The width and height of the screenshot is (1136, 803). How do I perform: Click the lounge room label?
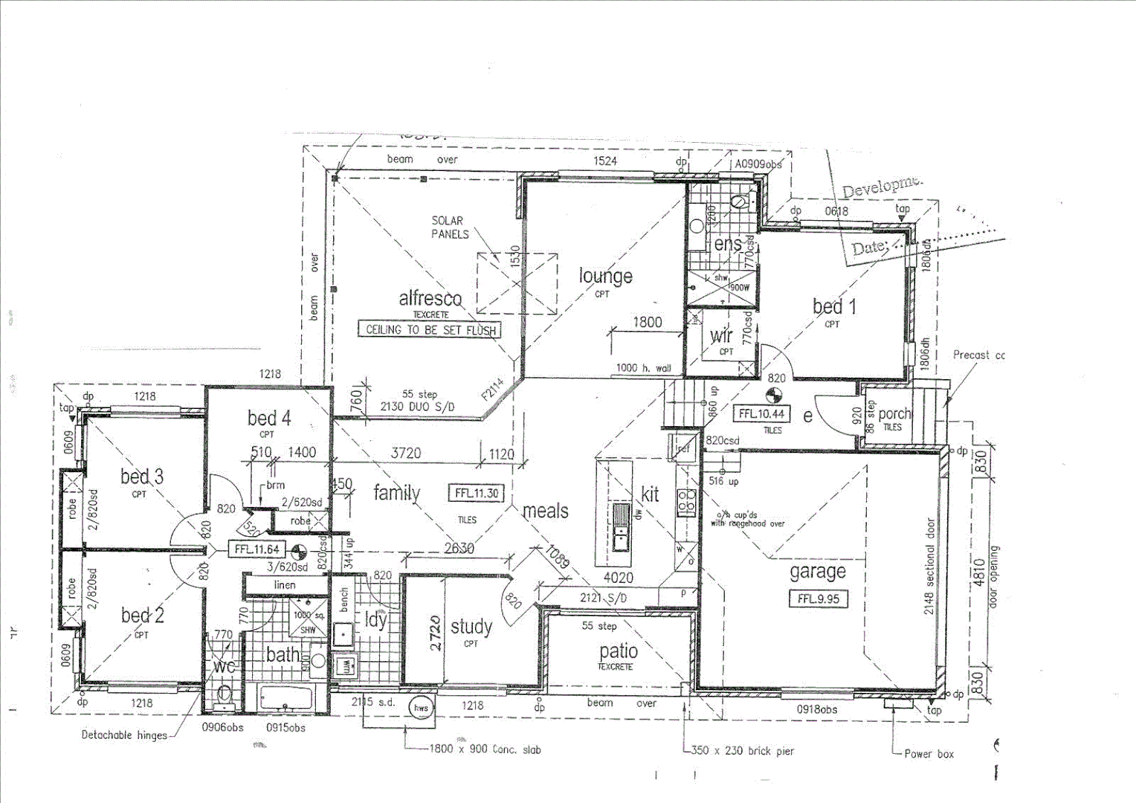point(605,277)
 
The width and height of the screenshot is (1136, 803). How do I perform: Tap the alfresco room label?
point(430,299)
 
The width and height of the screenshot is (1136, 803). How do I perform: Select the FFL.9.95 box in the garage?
point(818,599)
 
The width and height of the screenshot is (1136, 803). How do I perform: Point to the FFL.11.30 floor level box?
point(477,493)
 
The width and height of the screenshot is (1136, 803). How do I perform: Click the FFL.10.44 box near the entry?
point(762,413)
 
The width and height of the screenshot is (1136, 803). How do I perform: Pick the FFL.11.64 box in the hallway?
point(256,549)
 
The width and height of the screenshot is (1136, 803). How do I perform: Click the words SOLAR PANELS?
point(450,228)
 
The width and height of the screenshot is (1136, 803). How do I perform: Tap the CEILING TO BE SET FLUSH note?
point(430,329)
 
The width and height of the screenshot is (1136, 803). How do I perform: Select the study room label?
point(471,628)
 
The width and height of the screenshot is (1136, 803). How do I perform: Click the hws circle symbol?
point(421,708)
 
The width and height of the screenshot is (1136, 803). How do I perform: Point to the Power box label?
point(929,754)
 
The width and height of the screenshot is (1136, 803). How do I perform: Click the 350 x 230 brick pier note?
point(742,751)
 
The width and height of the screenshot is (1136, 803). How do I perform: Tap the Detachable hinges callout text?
point(124,735)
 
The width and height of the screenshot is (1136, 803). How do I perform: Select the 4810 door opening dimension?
point(979,573)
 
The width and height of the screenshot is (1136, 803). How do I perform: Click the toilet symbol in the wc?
point(223,697)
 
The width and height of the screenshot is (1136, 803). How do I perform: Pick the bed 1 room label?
point(833,306)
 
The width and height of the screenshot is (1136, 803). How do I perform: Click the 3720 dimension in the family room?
point(406,453)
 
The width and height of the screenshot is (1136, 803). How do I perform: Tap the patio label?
point(618,651)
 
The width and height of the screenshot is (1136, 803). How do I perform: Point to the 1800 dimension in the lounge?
point(647,322)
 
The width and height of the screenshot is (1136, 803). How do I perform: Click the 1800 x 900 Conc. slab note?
point(485,749)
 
